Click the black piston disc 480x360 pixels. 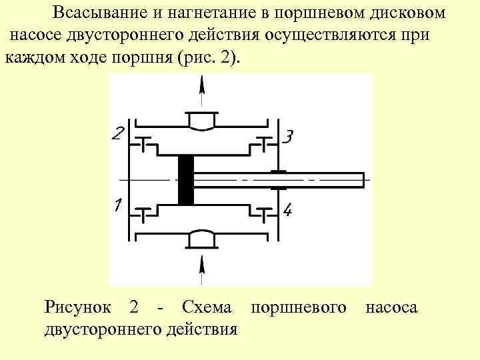pos(186,180)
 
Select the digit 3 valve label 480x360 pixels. pos(287,137)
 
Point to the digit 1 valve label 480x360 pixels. pos(117,206)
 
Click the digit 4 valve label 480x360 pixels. pos(287,211)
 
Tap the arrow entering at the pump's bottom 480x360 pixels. pos(202,270)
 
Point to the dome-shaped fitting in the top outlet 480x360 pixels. pos(201,121)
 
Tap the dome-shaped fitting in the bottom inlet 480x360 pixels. pos(201,237)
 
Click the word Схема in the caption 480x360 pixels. pos(207,307)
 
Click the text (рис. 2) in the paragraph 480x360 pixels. pos(209,57)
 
